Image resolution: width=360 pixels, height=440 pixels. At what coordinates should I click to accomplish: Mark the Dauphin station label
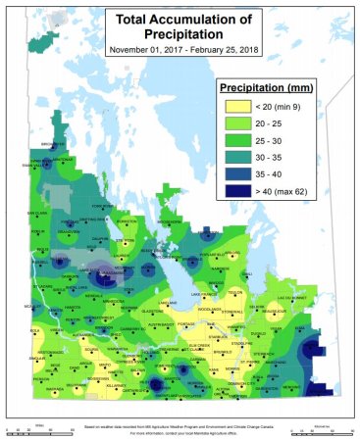pyautogui.click(x=98, y=238)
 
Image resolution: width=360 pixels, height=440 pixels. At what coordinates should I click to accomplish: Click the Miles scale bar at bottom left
pyautogui.click(x=33, y=429)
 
